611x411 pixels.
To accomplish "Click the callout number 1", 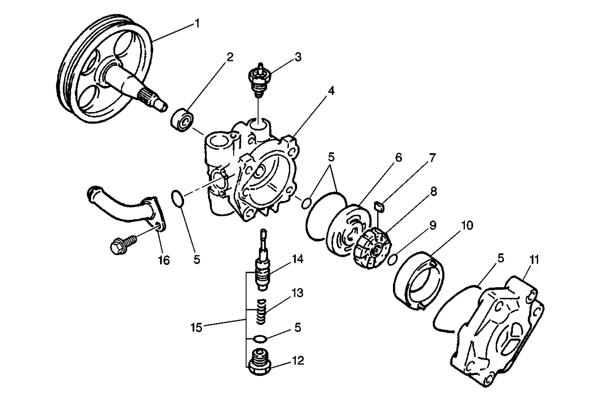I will pos(197,23).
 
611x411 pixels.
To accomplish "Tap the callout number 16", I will pos(164,260).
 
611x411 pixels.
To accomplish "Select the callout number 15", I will pos(196,327).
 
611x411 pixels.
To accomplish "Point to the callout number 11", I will pos(534,260).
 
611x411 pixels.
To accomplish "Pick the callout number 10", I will pos(467,225).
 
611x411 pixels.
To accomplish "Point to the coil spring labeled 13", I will pos(261,311).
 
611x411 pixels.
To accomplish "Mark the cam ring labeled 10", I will pos(419,281).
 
